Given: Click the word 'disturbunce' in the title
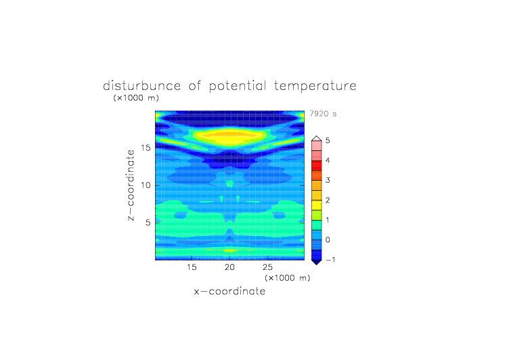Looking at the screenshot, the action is click(142, 86).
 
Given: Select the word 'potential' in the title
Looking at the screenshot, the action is click(238, 86).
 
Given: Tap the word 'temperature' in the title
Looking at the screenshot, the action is click(315, 86).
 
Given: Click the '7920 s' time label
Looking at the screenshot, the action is click(323, 114).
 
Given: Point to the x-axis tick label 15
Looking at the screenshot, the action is click(192, 267).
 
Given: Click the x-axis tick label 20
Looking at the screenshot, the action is click(229, 267).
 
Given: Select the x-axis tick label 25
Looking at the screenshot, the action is click(267, 267).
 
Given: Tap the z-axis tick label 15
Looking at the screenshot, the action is click(146, 148).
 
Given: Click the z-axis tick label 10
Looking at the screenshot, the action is click(146, 185).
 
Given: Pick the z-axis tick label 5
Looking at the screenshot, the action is click(148, 223).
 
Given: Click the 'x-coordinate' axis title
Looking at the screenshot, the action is click(229, 291).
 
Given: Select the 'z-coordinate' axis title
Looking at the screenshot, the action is click(131, 185).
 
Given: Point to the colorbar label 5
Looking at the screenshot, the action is click(328, 141).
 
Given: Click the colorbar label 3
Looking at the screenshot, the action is click(328, 180).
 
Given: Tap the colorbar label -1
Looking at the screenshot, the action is click(330, 260).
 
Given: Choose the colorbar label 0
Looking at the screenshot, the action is click(328, 240).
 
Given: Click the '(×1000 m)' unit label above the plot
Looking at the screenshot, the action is click(136, 97).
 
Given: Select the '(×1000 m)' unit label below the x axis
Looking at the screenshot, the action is click(287, 278).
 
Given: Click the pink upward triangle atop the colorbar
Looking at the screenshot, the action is click(317, 139).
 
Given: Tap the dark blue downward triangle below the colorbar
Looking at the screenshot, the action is click(317, 263).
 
